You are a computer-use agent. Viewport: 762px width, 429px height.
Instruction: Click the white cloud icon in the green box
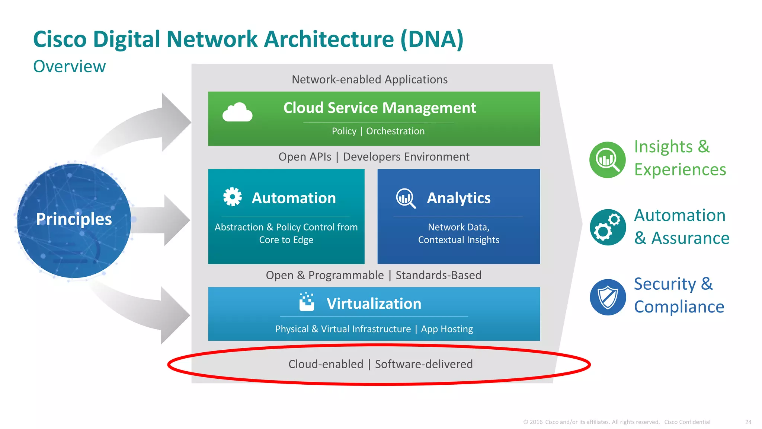237,112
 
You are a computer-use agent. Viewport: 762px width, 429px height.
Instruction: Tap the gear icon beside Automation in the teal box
232,197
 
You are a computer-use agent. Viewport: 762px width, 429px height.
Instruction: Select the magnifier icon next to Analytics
406,198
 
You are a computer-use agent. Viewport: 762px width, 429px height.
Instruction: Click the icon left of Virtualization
307,302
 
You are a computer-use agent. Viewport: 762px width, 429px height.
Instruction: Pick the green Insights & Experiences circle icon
608,160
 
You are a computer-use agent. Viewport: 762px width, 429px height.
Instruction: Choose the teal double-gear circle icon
608,227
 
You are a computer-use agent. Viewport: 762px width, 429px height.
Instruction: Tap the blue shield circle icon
608,297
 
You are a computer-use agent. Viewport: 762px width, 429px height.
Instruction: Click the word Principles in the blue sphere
74,219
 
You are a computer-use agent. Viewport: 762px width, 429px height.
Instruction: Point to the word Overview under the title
69,67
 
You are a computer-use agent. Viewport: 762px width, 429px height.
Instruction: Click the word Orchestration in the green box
395,131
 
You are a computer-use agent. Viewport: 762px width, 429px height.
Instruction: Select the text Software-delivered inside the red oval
423,364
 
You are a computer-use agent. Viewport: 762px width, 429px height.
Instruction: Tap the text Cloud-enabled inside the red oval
326,364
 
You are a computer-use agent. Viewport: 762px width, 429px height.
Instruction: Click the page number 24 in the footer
748,422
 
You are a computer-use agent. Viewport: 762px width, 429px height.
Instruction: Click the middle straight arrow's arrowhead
177,220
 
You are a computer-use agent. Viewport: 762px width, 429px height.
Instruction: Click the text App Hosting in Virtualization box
447,329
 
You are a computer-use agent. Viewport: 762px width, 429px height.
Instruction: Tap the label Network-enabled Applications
369,79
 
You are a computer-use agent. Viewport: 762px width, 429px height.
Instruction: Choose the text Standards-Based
438,275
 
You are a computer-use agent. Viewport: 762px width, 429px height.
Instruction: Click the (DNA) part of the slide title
432,39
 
